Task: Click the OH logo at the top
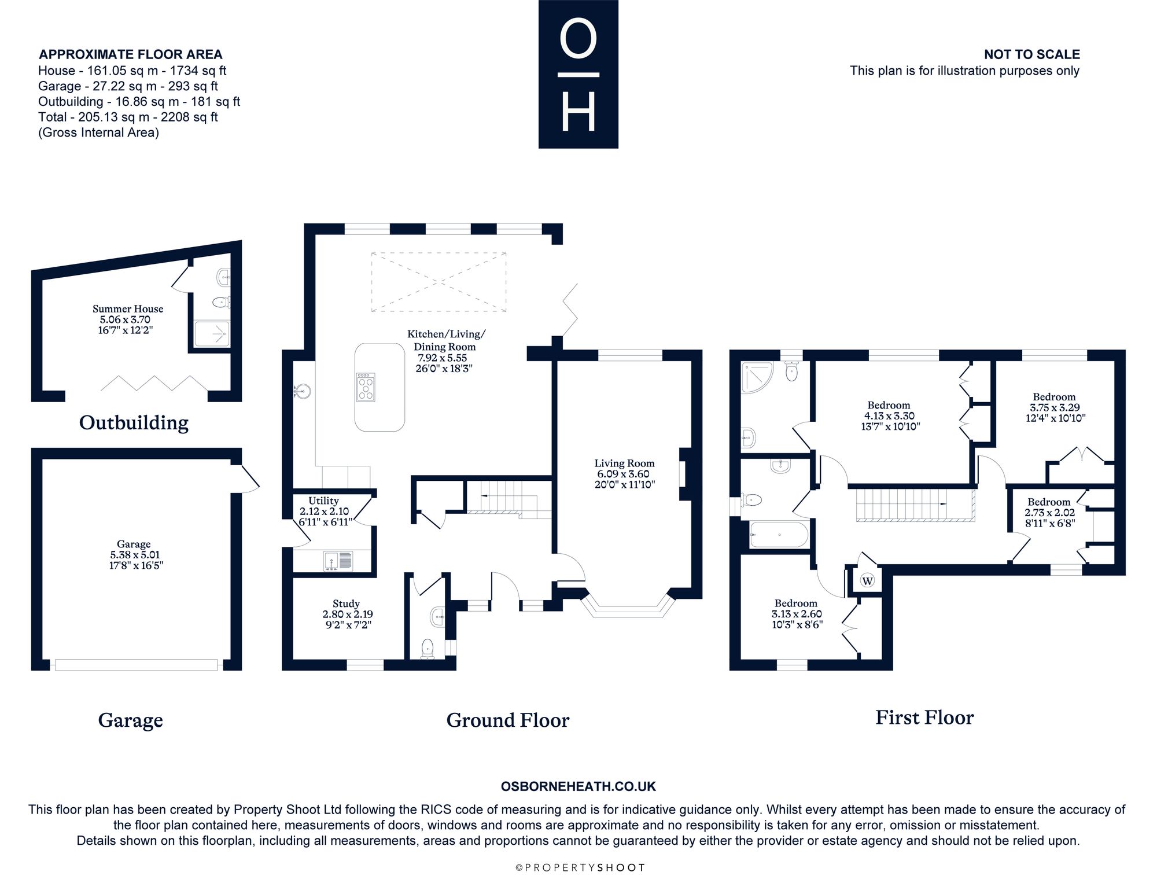(x=578, y=74)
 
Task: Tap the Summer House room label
(x=128, y=319)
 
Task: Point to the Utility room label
(x=324, y=511)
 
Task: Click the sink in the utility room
(x=338, y=560)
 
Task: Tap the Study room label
(x=346, y=614)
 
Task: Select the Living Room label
(x=625, y=474)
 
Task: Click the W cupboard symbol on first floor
(x=867, y=580)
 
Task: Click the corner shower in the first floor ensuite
(x=757, y=377)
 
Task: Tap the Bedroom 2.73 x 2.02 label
(x=1049, y=512)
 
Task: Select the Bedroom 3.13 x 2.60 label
(x=797, y=613)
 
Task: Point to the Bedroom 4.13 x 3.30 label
(x=889, y=415)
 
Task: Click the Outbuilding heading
(x=134, y=422)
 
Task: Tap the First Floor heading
(x=924, y=718)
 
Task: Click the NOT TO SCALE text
(x=1032, y=54)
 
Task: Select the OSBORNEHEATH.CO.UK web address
(x=578, y=786)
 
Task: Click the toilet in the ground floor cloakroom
(x=428, y=649)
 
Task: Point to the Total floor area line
(x=128, y=117)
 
